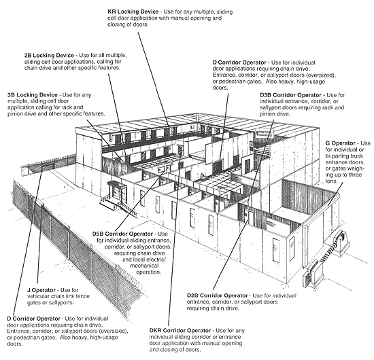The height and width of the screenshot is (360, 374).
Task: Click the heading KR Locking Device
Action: tap(133, 12)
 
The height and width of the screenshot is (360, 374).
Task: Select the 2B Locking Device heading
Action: tap(49, 55)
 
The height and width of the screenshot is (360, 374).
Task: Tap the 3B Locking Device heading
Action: tap(33, 95)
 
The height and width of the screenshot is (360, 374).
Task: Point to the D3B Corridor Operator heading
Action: tap(291, 95)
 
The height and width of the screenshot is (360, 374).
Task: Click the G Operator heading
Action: tap(341, 143)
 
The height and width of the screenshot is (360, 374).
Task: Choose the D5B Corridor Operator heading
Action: tap(122, 234)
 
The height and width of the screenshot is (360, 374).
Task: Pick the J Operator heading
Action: tap(41, 290)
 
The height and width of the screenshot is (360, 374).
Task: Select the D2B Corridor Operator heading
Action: tap(218, 295)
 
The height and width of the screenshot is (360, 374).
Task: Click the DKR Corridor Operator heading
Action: tap(180, 331)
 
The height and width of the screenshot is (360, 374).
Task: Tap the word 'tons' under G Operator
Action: tap(331, 181)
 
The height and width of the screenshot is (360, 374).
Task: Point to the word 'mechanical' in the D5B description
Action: tap(144, 266)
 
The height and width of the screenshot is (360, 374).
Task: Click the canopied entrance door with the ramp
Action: tap(117, 191)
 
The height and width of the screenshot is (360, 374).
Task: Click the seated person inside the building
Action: tap(203, 177)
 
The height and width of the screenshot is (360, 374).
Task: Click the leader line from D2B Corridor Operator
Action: tap(230, 255)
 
